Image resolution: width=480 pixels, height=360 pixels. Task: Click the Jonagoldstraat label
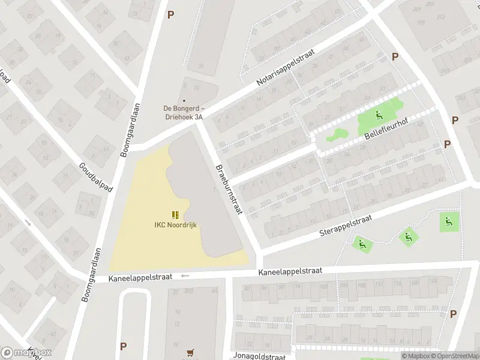[x=260, y=356]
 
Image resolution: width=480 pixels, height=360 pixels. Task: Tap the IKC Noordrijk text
[x=175, y=225]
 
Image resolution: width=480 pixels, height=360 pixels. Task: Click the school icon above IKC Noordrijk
[x=175, y=215]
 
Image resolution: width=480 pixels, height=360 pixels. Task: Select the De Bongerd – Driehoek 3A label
[x=184, y=112]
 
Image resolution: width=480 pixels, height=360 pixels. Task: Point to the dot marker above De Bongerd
[x=184, y=101]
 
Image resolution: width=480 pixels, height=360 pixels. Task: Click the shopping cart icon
[x=191, y=353]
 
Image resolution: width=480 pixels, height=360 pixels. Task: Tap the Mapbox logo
[x=26, y=353]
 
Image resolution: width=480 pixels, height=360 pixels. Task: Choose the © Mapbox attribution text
[x=415, y=356]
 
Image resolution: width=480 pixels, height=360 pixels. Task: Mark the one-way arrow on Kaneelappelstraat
[x=185, y=276]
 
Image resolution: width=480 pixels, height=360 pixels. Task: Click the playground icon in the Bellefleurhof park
[x=379, y=116]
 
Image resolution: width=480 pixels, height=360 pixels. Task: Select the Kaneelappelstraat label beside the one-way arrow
[x=140, y=278]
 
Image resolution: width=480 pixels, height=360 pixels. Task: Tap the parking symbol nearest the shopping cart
[x=124, y=346]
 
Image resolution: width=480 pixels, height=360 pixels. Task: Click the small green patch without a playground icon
[x=337, y=135]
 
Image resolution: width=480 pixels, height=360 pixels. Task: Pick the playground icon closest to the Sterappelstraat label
[x=361, y=244]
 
